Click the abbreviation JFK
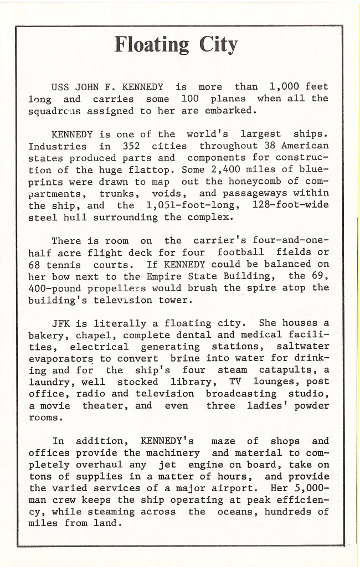click(x=60, y=323)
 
